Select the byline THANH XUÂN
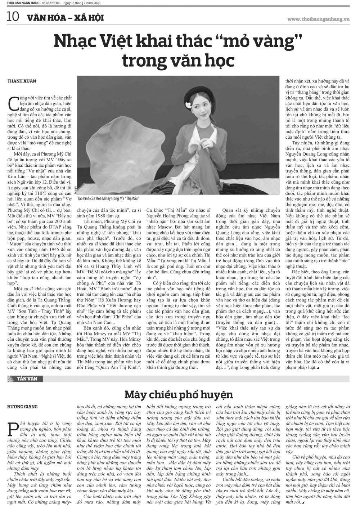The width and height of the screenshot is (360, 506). pyautogui.click(x=22, y=81)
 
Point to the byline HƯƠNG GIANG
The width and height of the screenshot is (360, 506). pyautogui.click(x=22, y=407)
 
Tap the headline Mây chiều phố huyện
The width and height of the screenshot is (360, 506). pyautogui.click(x=179, y=394)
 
